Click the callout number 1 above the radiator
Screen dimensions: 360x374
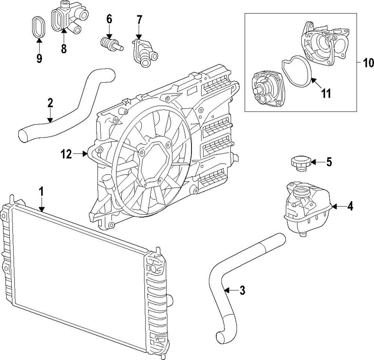(42, 192)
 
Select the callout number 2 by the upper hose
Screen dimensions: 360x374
(50, 103)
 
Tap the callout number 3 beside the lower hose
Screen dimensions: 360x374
(242, 290)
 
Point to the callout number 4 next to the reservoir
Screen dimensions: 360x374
(350, 206)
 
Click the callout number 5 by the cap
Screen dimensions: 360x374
(329, 162)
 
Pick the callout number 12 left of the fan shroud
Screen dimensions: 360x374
(67, 154)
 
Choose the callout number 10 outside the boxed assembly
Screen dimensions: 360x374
(368, 62)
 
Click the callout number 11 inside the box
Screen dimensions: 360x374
(326, 93)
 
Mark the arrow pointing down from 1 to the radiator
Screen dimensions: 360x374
(42, 205)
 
